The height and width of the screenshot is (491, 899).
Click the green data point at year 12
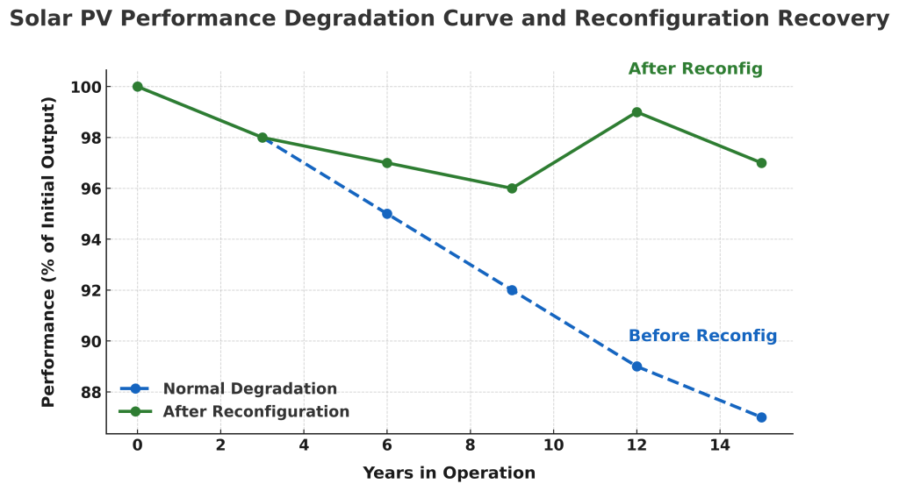click(636, 112)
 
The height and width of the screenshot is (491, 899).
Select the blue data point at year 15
click(761, 417)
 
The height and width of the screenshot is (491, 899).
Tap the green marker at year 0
click(138, 87)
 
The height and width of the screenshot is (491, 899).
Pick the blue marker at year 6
click(387, 214)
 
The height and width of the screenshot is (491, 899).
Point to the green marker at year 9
click(512, 189)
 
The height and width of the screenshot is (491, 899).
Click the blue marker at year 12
click(636, 366)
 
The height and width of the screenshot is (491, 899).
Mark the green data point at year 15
click(761, 163)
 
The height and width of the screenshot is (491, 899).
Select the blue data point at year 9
click(512, 290)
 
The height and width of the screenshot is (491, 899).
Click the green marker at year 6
click(387, 163)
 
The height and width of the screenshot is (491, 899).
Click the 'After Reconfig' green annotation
click(695, 69)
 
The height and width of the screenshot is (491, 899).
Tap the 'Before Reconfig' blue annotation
click(702, 336)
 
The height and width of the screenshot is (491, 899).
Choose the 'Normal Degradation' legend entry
click(249, 389)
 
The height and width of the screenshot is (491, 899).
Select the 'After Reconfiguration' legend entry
click(255, 412)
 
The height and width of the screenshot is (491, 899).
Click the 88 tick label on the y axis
click(89, 392)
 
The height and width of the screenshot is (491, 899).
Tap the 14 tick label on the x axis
click(720, 445)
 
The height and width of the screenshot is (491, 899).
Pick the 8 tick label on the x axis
click(471, 445)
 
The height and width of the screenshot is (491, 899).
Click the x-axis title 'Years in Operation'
click(449, 473)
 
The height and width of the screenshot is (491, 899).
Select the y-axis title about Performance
click(49, 252)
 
